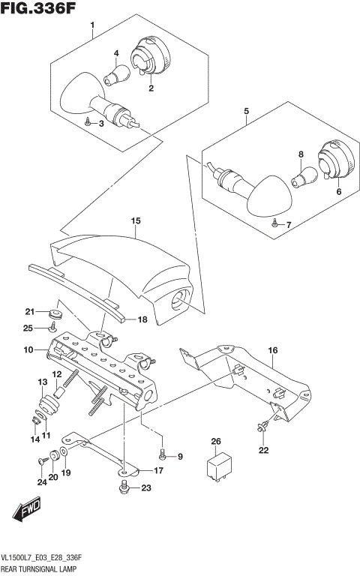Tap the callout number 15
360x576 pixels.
[x=136, y=221]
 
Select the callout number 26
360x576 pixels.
[x=217, y=441]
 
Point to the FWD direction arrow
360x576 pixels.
[x=27, y=511]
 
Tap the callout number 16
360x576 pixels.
[x=272, y=350]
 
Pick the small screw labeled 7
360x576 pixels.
[x=275, y=223]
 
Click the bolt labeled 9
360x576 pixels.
[x=163, y=454]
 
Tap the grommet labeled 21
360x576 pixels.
[x=55, y=312]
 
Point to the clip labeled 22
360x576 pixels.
[x=263, y=428]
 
